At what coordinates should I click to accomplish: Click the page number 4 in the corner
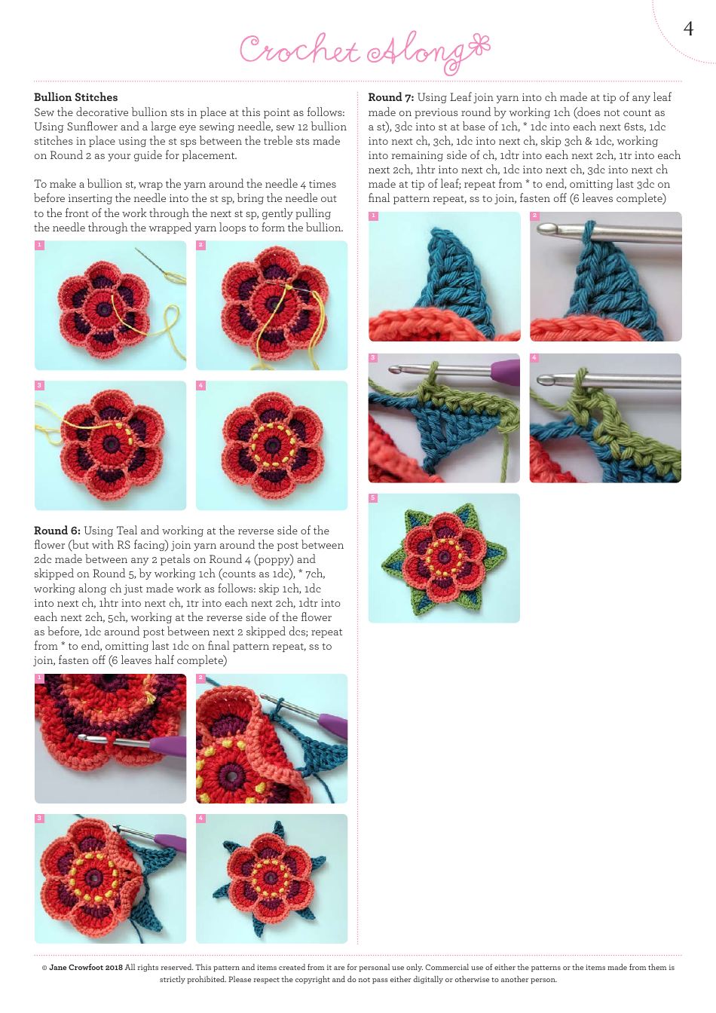(687, 29)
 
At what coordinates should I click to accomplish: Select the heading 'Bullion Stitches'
(75, 97)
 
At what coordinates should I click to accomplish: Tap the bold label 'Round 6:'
(57, 531)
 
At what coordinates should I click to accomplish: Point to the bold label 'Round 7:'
(390, 97)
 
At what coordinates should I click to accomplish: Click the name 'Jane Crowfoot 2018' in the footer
(85, 967)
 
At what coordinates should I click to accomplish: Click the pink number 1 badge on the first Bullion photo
(39, 245)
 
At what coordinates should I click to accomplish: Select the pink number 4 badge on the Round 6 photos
(200, 819)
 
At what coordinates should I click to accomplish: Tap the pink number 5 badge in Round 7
(373, 498)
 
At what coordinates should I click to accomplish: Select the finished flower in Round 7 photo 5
(443, 559)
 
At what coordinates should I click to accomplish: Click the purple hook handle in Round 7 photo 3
(503, 372)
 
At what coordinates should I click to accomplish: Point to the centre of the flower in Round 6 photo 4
(267, 877)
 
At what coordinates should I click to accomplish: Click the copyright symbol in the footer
(44, 967)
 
